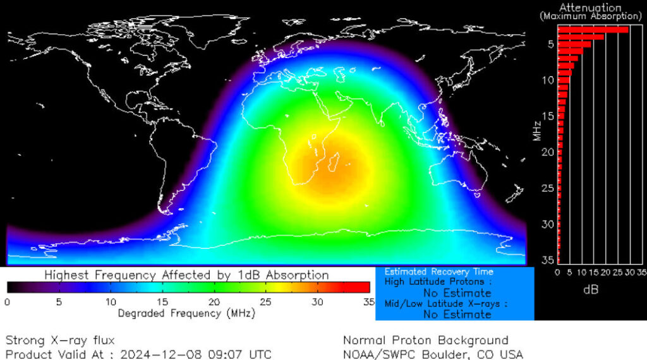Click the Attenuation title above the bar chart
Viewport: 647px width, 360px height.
(591, 8)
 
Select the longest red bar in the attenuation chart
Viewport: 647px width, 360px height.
(593, 29)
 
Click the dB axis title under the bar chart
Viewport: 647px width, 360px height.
(590, 290)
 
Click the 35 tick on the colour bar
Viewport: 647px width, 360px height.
(369, 302)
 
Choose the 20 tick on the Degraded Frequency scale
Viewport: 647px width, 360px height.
(214, 302)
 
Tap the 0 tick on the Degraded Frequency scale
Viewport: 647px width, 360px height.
(7, 302)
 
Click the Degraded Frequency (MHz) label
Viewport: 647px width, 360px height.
(187, 313)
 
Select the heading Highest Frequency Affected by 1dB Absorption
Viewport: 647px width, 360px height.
(187, 275)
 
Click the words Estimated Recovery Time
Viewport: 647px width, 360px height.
(430, 272)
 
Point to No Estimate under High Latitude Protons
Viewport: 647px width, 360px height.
(457, 293)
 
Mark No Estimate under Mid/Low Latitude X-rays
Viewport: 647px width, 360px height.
(457, 314)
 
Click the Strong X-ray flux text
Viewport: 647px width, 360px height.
(60, 341)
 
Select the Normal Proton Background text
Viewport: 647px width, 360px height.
(425, 341)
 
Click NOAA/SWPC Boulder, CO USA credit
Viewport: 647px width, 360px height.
(433, 354)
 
